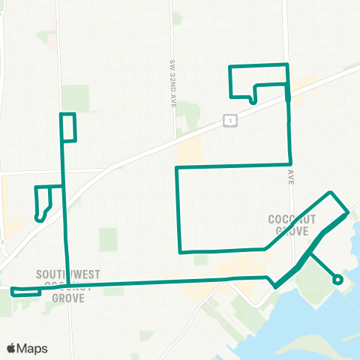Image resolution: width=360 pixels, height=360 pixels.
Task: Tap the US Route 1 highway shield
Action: (x=230, y=121)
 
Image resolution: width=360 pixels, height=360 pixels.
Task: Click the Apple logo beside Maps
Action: (x=12, y=349)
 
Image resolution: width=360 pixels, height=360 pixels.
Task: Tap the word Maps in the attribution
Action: (x=32, y=349)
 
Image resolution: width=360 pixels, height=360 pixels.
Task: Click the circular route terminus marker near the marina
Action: (x=337, y=280)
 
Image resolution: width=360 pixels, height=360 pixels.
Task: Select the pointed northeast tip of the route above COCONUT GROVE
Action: (x=331, y=193)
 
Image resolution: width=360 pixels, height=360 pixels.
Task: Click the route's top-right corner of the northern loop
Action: (x=287, y=65)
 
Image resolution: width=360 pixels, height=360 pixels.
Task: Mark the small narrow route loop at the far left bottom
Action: (x=25, y=291)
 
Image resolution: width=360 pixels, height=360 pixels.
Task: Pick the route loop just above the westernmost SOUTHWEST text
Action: (x=43, y=202)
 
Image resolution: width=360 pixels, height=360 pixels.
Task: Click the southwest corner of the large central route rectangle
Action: (x=180, y=252)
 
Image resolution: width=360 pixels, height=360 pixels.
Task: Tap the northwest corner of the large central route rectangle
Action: (x=176, y=168)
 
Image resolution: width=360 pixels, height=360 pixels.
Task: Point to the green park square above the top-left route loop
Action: (x=74, y=97)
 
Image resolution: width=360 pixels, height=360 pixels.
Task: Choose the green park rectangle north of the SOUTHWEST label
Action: (x=109, y=239)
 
